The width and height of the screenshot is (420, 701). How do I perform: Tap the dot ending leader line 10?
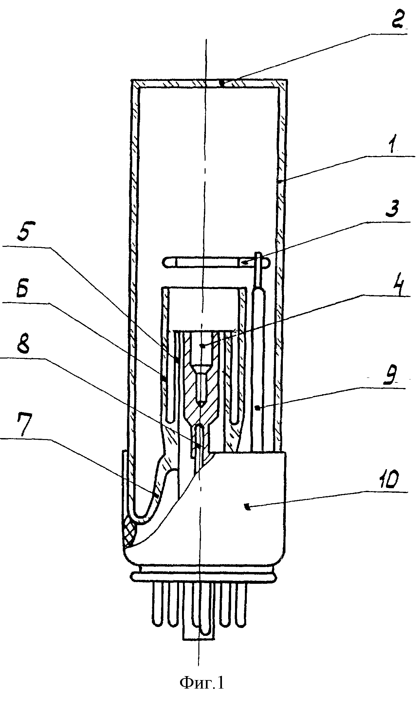[x=247, y=507]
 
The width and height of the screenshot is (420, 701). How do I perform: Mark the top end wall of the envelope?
[x=210, y=83]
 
